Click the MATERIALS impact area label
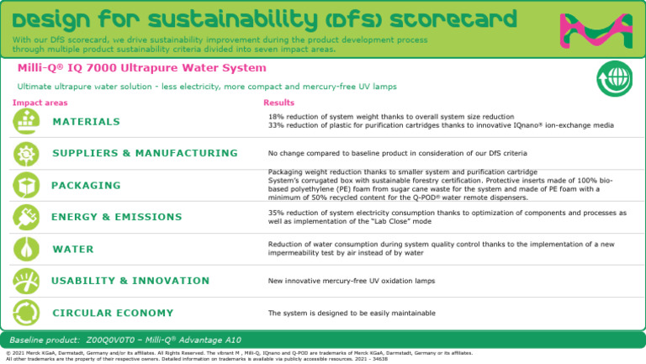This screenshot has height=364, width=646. tap(86, 122)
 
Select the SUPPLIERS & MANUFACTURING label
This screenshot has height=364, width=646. tap(145, 153)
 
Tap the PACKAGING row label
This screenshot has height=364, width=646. tap(86, 185)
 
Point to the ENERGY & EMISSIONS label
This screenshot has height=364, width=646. tap(116, 217)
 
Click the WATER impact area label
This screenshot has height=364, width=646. tap(73, 250)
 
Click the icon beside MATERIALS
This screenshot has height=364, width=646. tap(25, 122)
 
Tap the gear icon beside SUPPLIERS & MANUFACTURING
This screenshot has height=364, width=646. tap(25, 153)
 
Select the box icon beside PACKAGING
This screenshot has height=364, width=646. tap(25, 185)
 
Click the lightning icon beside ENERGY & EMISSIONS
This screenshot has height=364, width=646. tap(25, 217)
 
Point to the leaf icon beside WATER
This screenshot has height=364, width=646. tap(25, 249)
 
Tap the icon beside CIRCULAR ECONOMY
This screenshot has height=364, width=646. tap(25, 312)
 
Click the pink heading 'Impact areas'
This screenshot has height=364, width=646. tap(40, 103)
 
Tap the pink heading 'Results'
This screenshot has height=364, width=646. tap(278, 103)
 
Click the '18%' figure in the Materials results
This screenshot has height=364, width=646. tap(276, 117)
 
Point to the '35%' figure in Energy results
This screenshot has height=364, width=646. tap(276, 213)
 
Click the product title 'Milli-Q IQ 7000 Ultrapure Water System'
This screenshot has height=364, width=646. tap(141, 68)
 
